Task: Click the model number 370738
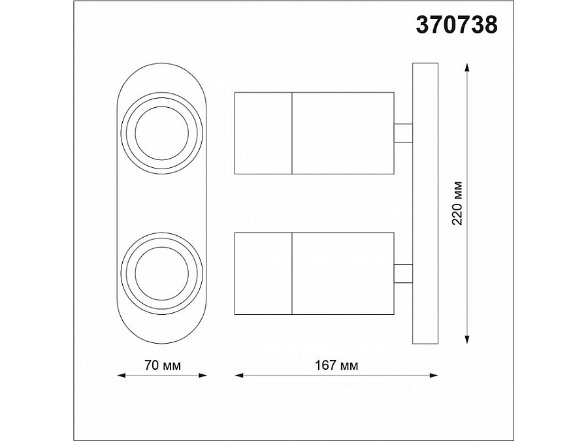coord(457,25)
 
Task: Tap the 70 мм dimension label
coord(163,365)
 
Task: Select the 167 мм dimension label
coord(336,365)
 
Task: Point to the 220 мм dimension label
coord(457,203)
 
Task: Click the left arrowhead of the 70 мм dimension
coord(121,375)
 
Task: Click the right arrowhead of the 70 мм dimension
coord(203,375)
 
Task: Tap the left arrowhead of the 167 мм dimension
coord(239,375)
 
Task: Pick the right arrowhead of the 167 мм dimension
coord(434,375)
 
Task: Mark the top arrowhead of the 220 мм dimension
coord(467,67)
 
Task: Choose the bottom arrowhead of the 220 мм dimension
coord(467,339)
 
